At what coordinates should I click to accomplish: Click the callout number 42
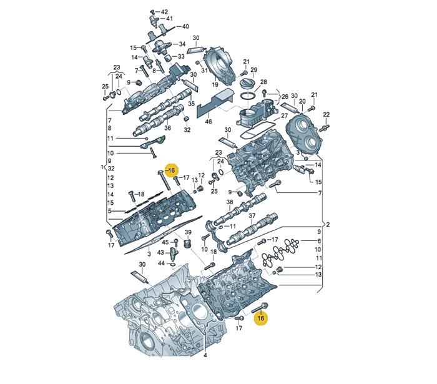164,12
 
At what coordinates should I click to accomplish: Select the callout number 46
208,122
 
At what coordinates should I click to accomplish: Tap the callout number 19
215,84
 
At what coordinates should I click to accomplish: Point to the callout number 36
167,128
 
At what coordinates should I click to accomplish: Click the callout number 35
191,104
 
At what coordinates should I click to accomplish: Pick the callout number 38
229,202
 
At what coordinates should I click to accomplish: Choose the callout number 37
252,215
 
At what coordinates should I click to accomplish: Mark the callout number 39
188,232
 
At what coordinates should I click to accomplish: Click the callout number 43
160,252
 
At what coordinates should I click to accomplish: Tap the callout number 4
205,355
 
